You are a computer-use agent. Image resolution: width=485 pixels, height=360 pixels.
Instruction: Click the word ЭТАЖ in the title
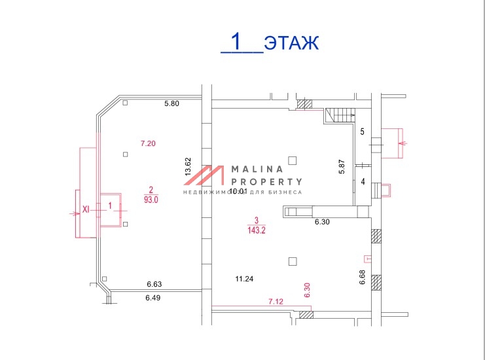pyautogui.click(x=291, y=43)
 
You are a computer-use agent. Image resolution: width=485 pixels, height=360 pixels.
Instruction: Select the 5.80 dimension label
pyautogui.click(x=171, y=103)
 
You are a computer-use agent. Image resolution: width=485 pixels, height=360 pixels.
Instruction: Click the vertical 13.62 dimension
pyautogui.click(x=188, y=168)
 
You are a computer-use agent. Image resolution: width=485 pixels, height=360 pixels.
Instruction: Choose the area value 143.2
pyautogui.click(x=256, y=230)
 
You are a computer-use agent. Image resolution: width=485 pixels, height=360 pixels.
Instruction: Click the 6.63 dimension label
pyautogui.click(x=154, y=284)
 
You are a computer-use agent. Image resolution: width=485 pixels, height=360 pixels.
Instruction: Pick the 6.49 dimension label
pyautogui.click(x=154, y=298)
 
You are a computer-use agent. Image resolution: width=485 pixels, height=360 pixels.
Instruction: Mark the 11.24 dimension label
pyautogui.click(x=244, y=279)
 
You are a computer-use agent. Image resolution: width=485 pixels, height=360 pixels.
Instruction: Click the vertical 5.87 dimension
pyautogui.click(x=341, y=166)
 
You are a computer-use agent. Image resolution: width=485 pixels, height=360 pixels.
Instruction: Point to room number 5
pyautogui.click(x=362, y=132)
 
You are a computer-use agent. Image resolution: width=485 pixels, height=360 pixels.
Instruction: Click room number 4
pyautogui.click(x=362, y=182)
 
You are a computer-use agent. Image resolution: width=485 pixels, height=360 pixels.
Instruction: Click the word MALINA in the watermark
pyautogui.click(x=255, y=169)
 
